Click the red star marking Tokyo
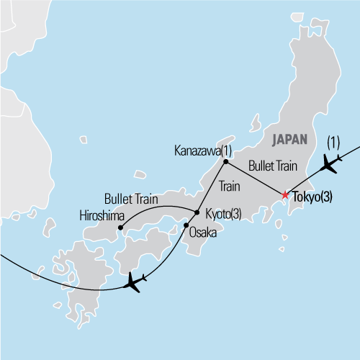[x=285, y=195]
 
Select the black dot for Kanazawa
[x=225, y=151]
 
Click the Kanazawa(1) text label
[x=204, y=151]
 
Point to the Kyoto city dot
[x=197, y=212]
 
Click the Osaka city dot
[x=186, y=226]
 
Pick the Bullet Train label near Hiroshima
[x=132, y=197]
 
